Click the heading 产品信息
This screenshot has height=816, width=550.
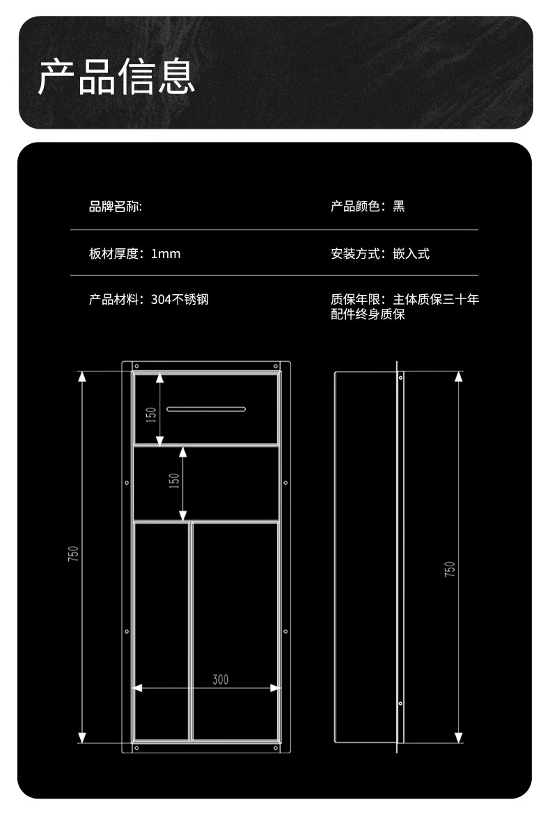[x=116, y=77]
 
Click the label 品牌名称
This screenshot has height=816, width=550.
[x=114, y=207]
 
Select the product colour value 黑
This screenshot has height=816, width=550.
[x=399, y=207]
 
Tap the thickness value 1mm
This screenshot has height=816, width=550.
[x=166, y=254]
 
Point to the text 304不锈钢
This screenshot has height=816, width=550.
[x=180, y=300]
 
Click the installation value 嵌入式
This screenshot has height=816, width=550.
[x=411, y=254]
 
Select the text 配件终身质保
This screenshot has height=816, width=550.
[x=368, y=314]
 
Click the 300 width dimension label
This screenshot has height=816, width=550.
[x=220, y=680]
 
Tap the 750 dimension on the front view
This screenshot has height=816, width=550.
[x=74, y=554]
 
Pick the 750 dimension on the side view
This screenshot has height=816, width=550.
[x=450, y=569]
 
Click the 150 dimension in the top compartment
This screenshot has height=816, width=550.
[x=151, y=415]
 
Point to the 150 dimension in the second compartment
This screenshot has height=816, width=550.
[x=175, y=480]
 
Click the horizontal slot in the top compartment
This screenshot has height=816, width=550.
[x=206, y=409]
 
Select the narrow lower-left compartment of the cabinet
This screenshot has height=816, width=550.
[x=160, y=630]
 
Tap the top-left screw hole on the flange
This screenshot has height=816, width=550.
[x=137, y=366]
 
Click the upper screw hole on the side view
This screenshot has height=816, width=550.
[x=401, y=378]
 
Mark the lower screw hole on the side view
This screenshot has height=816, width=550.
[x=401, y=704]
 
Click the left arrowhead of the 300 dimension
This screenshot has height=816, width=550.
[x=137, y=688]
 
